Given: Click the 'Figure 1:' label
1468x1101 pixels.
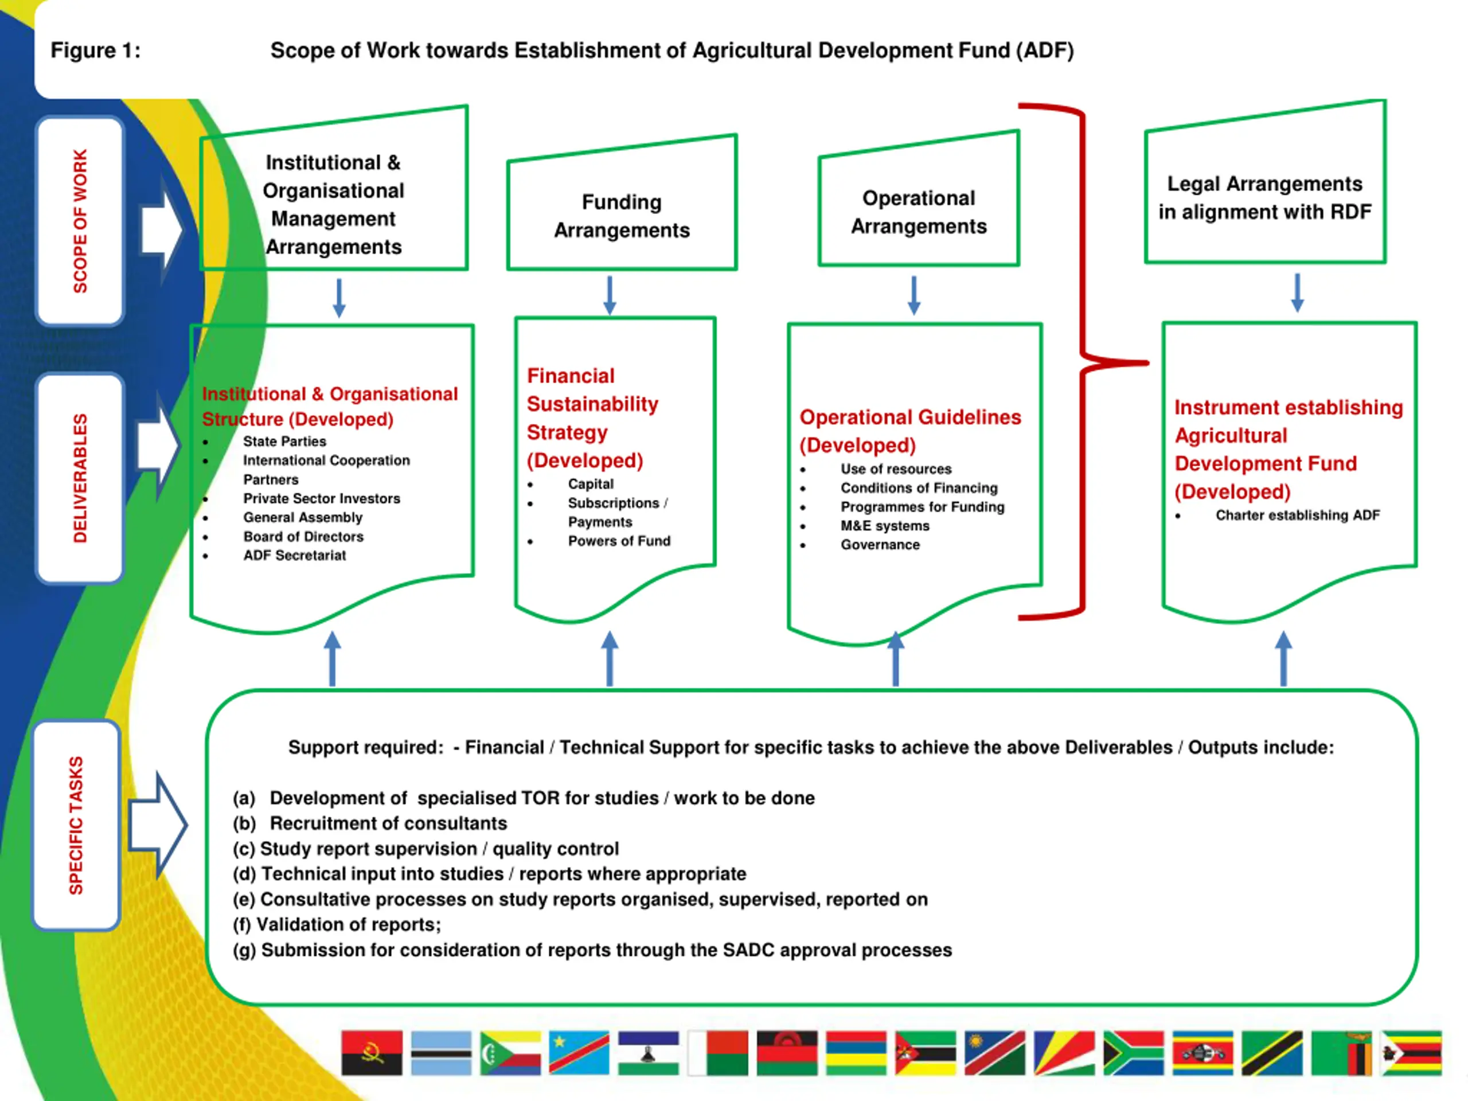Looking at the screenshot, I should pos(96,50).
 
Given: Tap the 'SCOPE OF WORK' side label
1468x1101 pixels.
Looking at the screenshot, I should pos(80,221).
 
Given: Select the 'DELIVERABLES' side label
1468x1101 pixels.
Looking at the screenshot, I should pos(80,478).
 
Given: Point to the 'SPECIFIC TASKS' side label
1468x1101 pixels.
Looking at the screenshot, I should pos(76,825).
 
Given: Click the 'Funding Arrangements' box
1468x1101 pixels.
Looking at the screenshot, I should pos(622,216).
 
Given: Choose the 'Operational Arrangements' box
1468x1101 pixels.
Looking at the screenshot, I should pos(919,212).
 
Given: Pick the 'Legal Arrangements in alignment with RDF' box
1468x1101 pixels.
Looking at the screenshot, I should pos(1265,197).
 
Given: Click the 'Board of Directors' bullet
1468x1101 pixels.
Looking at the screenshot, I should pos(303,536).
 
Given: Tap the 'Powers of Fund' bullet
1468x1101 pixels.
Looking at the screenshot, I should pos(619,541).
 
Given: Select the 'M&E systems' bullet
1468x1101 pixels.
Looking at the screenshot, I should pos(885,526).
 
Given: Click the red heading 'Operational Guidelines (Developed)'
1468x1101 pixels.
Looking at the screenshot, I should pos(910,431).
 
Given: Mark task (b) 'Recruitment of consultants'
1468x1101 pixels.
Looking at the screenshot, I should pos(388,823).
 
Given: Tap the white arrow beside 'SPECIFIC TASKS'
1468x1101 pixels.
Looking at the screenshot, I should pos(157,825).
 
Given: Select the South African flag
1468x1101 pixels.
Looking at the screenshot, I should pos(1133,1053).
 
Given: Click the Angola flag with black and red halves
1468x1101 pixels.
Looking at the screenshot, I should pos(372,1053).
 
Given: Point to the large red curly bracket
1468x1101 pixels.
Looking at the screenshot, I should pos(1083,362).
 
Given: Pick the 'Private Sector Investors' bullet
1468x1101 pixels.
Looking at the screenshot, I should pos(321,498).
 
